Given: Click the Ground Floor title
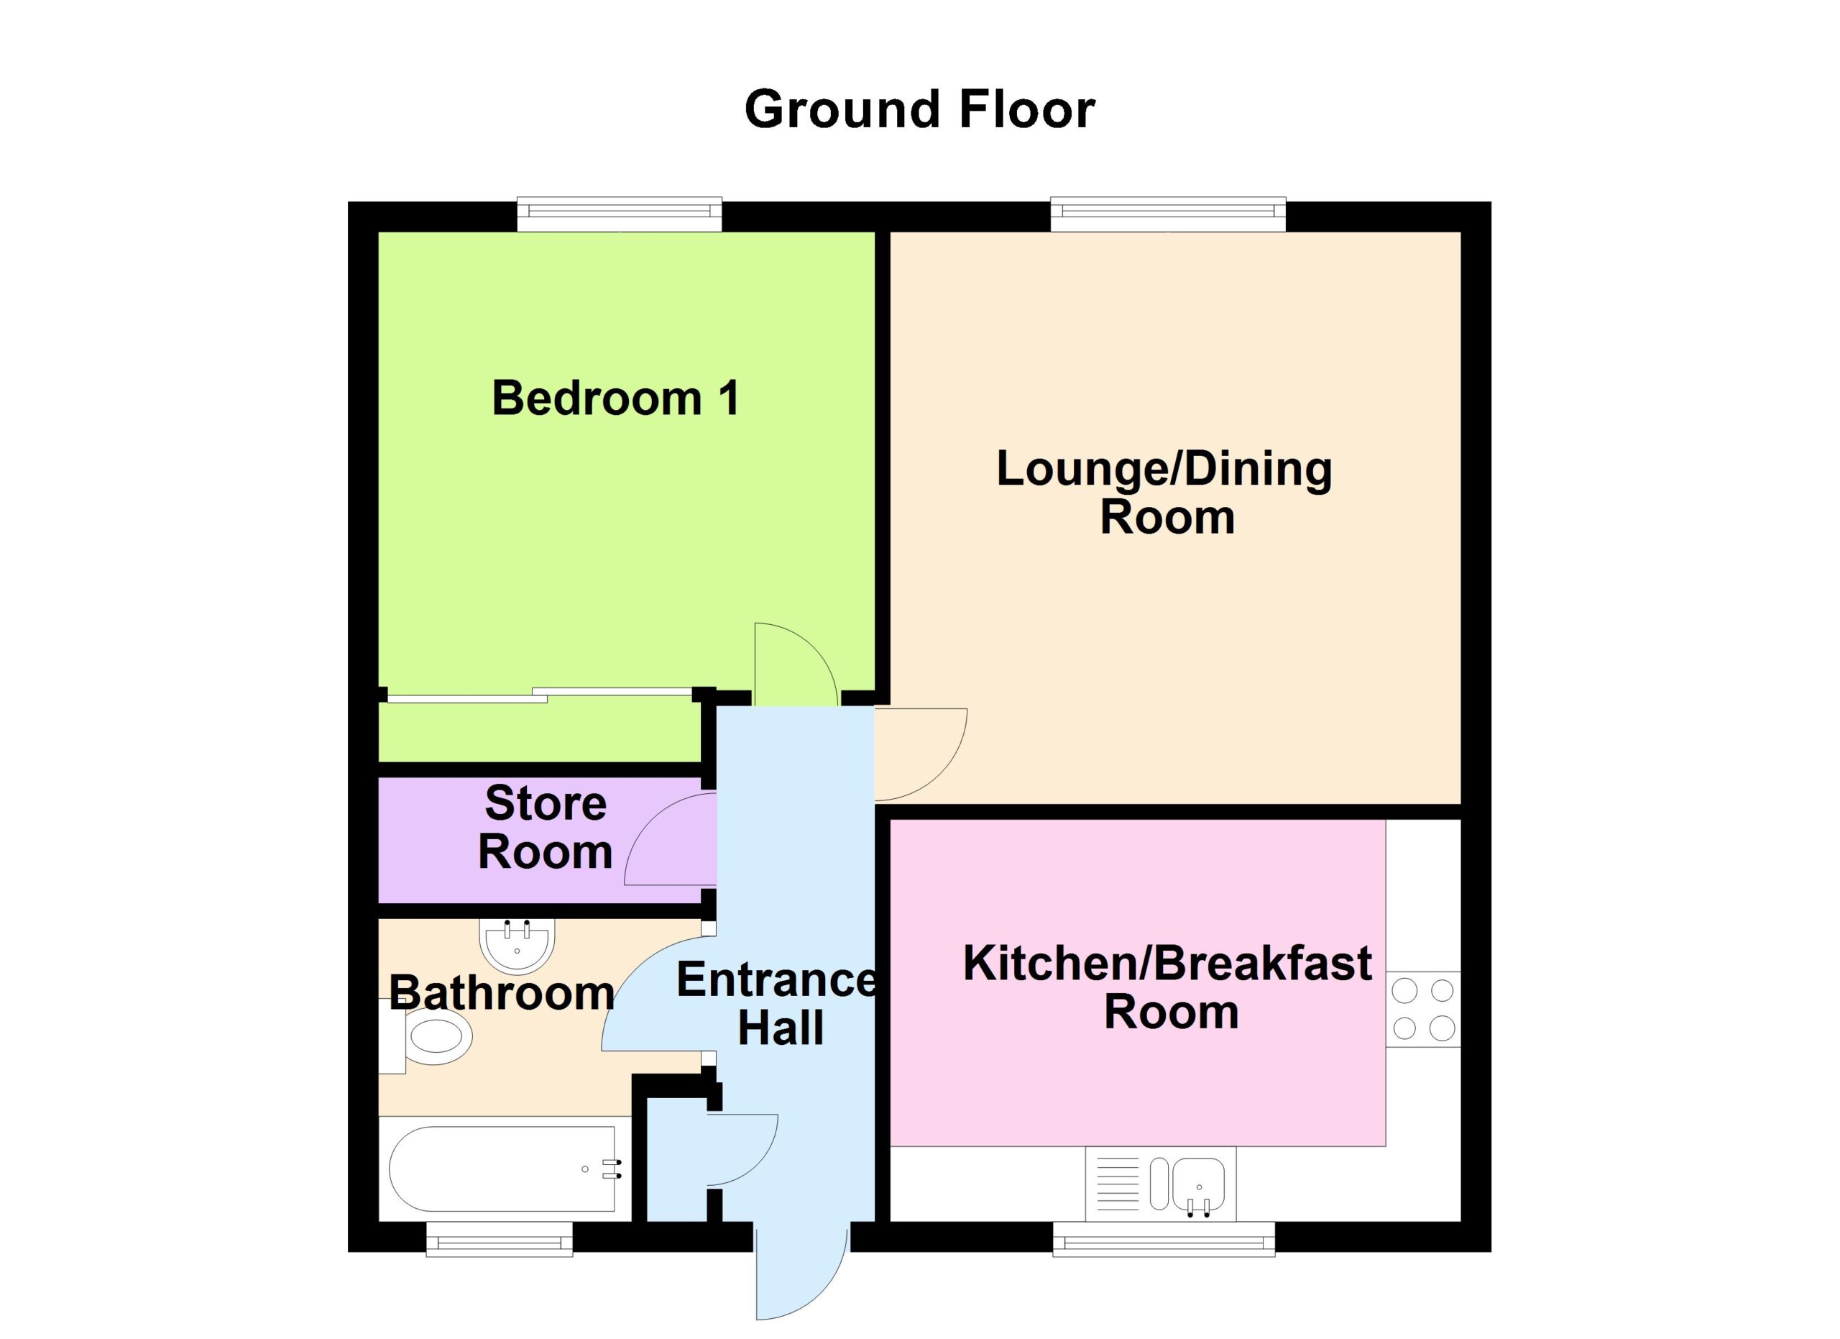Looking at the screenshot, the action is click(x=919, y=109).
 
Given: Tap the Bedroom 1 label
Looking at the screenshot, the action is click(x=616, y=398).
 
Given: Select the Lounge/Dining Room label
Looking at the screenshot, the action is click(x=1165, y=493).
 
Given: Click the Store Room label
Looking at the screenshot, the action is click(x=546, y=828).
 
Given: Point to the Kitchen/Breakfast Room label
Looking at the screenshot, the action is click(x=1168, y=987).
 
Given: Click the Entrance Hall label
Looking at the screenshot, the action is click(x=777, y=1004).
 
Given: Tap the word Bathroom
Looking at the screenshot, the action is click(x=502, y=993).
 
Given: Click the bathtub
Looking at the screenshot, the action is click(x=505, y=1169).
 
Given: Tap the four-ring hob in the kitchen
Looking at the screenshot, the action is click(x=1424, y=1010).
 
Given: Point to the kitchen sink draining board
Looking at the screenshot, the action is click(x=1115, y=1185).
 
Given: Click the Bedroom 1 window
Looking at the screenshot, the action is click(x=620, y=214).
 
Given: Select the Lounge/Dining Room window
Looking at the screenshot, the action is click(x=1168, y=214).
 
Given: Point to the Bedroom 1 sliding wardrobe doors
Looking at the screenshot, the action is click(x=540, y=695).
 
